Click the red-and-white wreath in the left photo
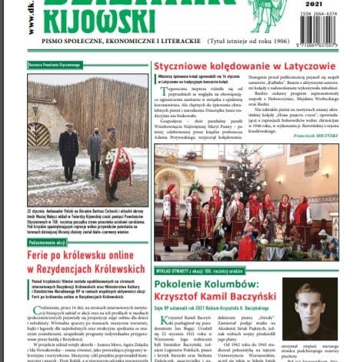(121, 164)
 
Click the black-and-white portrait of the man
(309, 308)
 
